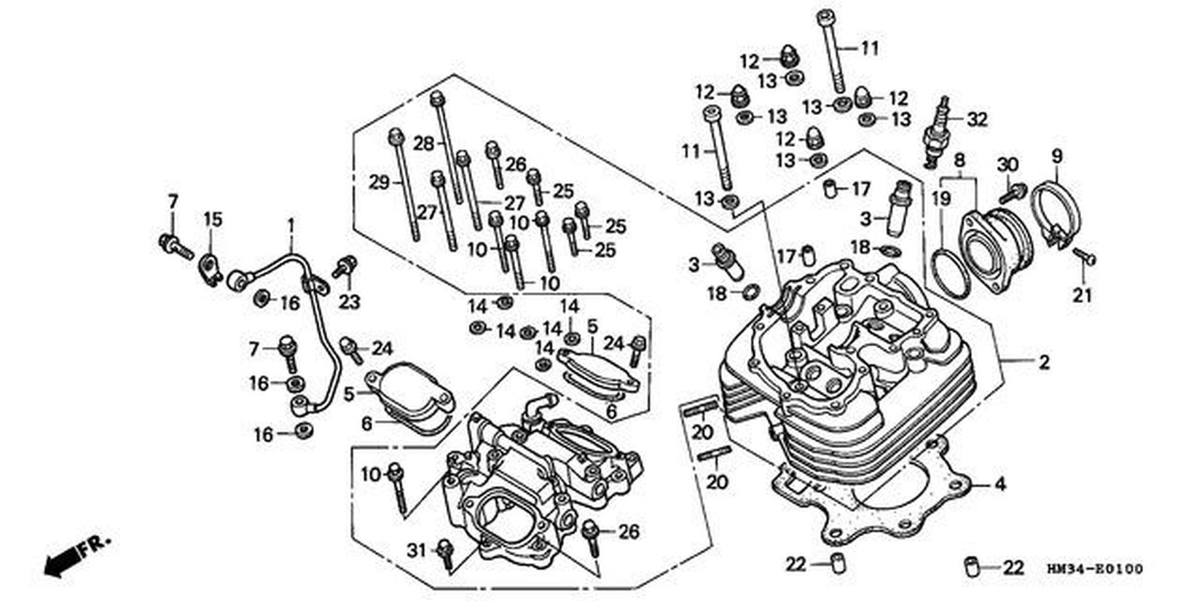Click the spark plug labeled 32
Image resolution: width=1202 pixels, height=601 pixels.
[937, 130]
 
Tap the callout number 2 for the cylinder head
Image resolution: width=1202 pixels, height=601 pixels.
[1044, 362]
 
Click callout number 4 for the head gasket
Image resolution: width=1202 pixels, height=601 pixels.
[1000, 484]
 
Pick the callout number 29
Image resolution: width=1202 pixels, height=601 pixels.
[379, 182]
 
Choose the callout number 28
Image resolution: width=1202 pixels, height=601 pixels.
[423, 144]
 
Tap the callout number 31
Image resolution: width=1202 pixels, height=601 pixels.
[417, 550]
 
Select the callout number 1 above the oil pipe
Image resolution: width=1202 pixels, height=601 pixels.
[291, 225]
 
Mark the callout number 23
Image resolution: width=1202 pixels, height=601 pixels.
[350, 302]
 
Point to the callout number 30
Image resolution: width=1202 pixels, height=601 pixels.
[1007, 165]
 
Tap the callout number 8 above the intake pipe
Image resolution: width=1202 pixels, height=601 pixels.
[959, 160]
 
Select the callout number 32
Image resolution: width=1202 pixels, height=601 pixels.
[977, 119]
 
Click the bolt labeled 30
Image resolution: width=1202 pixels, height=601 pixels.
[1012, 192]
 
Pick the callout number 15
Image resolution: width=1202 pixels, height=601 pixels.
[213, 219]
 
